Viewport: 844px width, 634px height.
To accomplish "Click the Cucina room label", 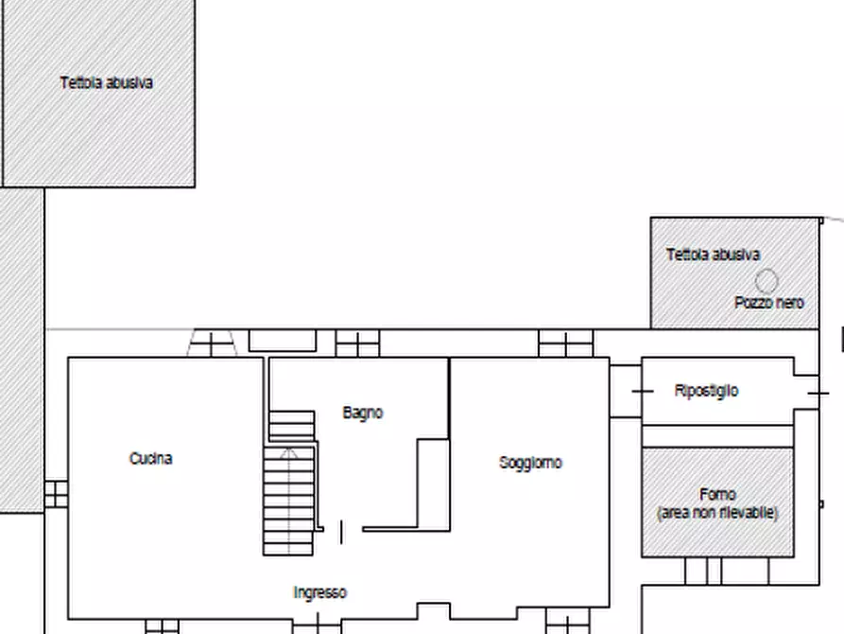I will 151,459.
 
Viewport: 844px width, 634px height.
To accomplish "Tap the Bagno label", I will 363,413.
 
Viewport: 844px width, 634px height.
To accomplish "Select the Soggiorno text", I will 530,463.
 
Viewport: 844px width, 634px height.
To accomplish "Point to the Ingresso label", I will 319,592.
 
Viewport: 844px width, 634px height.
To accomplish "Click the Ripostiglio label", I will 707,391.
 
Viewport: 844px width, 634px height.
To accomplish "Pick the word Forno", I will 718,494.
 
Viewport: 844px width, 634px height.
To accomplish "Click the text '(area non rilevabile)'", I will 717,512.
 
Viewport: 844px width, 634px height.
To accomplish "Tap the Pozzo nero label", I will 769,303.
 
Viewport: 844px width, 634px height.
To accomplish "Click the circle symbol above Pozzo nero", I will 766,280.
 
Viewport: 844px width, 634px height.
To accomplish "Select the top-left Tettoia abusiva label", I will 107,82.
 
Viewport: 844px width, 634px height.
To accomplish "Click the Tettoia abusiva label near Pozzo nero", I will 714,255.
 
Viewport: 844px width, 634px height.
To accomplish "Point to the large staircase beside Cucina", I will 288,502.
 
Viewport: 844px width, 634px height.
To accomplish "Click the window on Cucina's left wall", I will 56,493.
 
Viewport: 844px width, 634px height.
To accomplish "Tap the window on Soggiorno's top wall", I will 565,343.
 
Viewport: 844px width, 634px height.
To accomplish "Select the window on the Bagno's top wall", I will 357,343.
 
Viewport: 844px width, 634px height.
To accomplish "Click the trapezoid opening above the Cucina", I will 212,343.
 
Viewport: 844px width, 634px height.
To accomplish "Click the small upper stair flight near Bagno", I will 292,426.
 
